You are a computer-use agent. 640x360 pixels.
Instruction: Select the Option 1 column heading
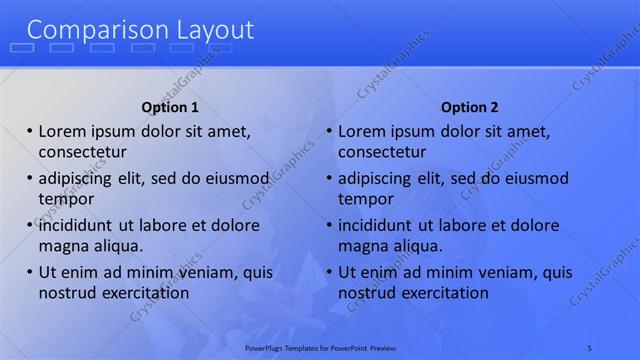(170, 107)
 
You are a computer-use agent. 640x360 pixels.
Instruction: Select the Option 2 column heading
(469, 107)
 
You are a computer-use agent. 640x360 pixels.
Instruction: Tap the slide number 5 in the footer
(590, 347)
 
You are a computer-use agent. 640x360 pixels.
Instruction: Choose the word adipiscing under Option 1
(77, 179)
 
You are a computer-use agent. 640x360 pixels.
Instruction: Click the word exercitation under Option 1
(141, 293)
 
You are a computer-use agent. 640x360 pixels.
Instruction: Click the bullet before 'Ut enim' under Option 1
(30, 272)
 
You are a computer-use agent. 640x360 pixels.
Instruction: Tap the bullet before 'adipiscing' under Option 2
(329, 178)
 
